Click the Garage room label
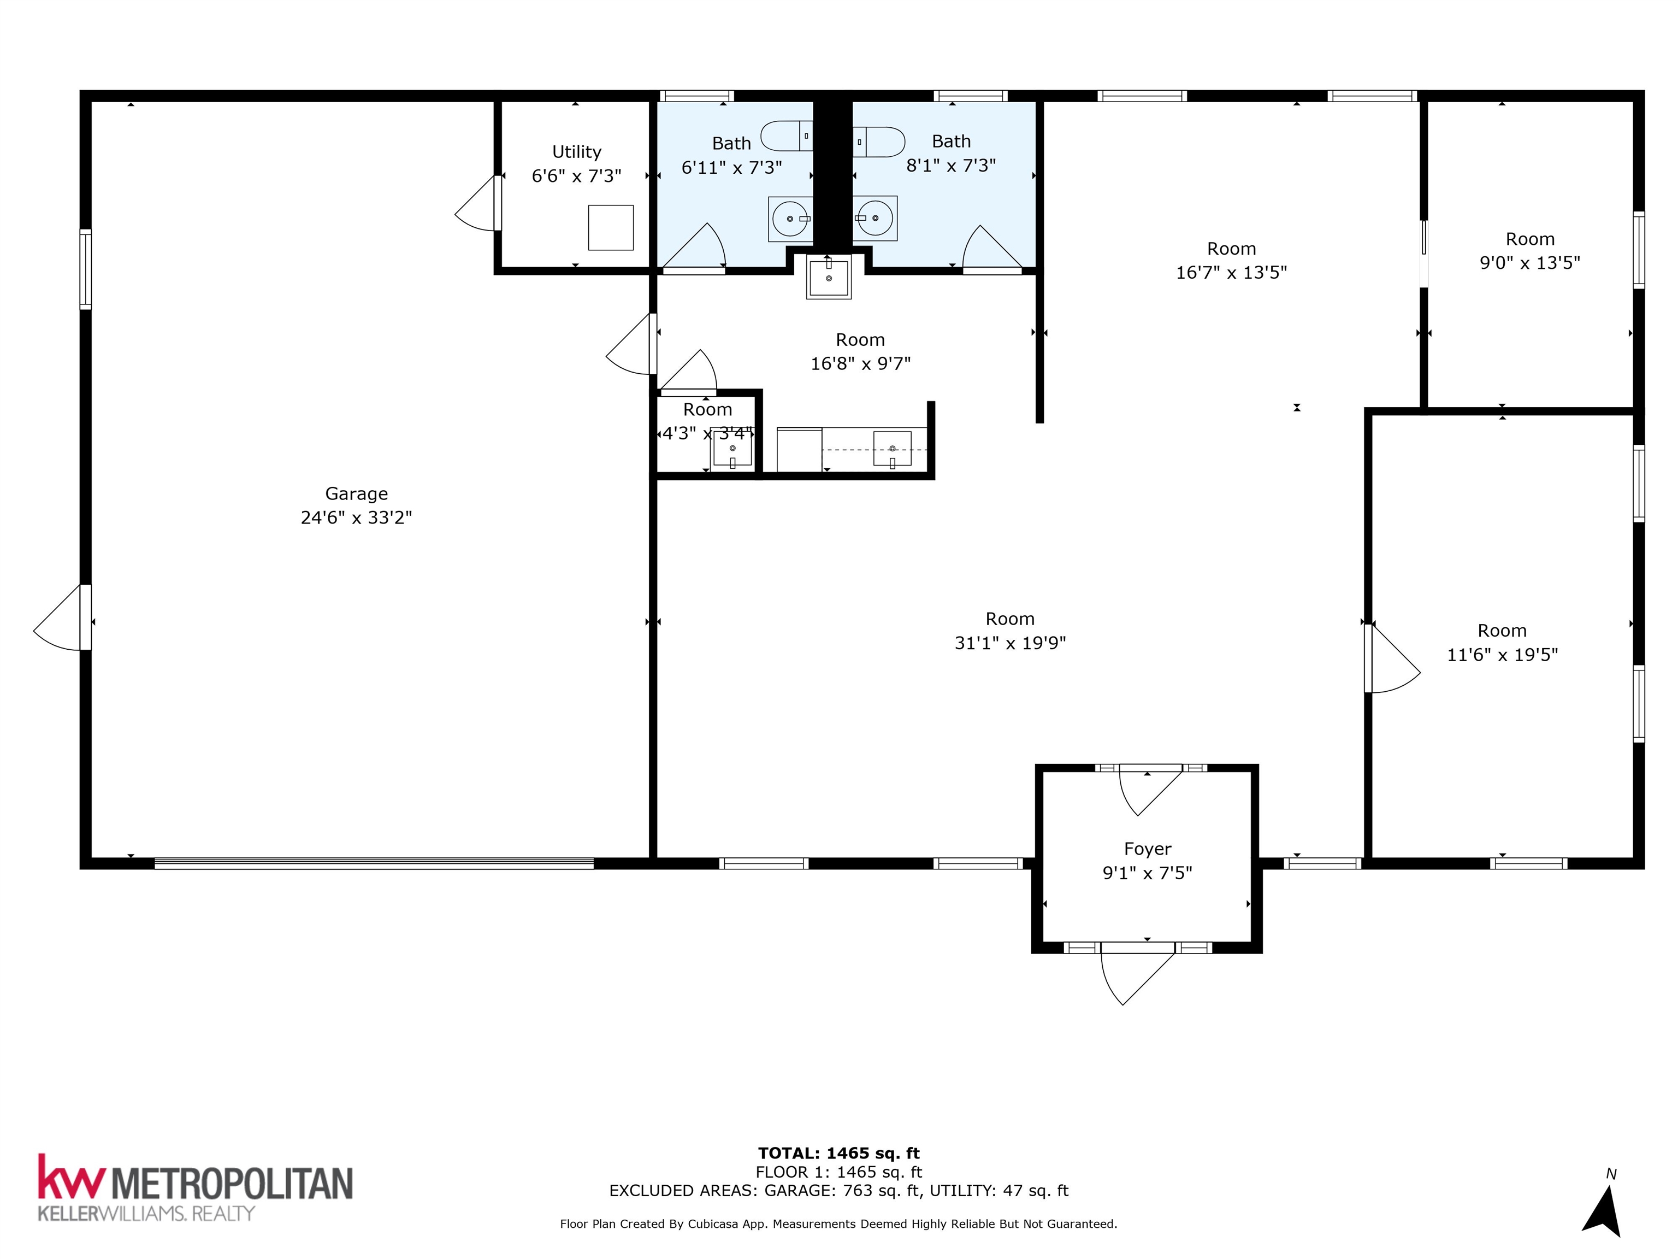click(x=357, y=493)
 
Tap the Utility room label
click(x=576, y=152)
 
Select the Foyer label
click(x=1147, y=849)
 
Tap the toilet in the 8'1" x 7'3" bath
click(x=878, y=142)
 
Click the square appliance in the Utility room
click(x=611, y=228)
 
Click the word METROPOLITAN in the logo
click(x=232, y=1182)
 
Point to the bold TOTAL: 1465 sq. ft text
click(x=839, y=1154)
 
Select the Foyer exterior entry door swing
click(x=1138, y=979)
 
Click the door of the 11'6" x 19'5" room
click(x=1392, y=658)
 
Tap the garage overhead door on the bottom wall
click(x=374, y=863)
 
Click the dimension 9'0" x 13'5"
click(x=1530, y=263)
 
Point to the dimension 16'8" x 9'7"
click(x=860, y=363)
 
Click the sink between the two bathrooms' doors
click(x=829, y=278)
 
